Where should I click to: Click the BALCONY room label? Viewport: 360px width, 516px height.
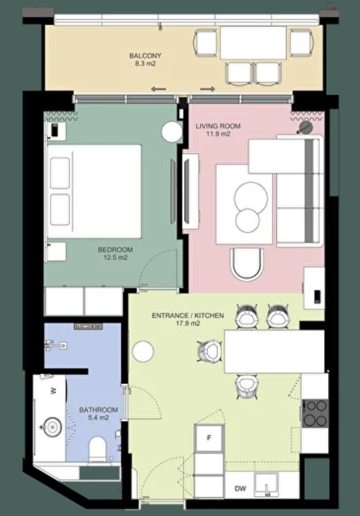(145, 55)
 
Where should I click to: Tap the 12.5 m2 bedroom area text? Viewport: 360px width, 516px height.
(115, 258)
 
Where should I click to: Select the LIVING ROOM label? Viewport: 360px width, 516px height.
(218, 126)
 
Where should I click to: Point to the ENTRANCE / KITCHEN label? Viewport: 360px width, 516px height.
(187, 316)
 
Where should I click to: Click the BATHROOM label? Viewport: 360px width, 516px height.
(99, 410)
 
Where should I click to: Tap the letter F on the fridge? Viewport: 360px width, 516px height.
(208, 438)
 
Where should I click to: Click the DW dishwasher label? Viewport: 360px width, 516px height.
(240, 489)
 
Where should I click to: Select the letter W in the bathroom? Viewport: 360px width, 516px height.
(53, 391)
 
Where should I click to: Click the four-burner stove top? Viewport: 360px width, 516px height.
(315, 414)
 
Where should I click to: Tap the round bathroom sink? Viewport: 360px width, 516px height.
(52, 427)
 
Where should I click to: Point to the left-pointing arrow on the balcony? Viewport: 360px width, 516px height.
(158, 89)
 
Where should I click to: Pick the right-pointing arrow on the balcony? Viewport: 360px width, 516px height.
(208, 89)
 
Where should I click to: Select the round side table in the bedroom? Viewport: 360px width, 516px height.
(172, 132)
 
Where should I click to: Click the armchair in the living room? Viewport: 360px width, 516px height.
(247, 264)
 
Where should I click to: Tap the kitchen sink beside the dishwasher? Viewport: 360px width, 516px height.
(267, 485)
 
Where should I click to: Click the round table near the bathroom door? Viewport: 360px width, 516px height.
(143, 351)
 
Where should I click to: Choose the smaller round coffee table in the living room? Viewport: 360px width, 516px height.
(247, 221)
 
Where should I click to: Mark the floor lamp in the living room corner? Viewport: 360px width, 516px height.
(305, 128)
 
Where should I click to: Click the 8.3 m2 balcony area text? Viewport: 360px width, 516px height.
(145, 64)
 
